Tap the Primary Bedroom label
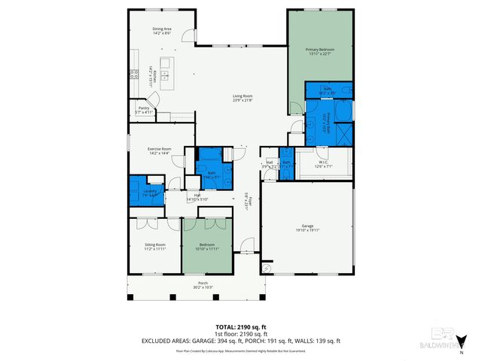pyautogui.click(x=320, y=50)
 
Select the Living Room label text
pyautogui.click(x=242, y=96)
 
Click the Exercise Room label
pyautogui.click(x=159, y=149)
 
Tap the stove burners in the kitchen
pyautogui.click(x=134, y=74)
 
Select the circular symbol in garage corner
pyautogui.click(x=266, y=268)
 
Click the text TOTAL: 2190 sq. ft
pyautogui.click(x=241, y=327)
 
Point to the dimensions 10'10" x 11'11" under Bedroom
pyautogui.click(x=208, y=249)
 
